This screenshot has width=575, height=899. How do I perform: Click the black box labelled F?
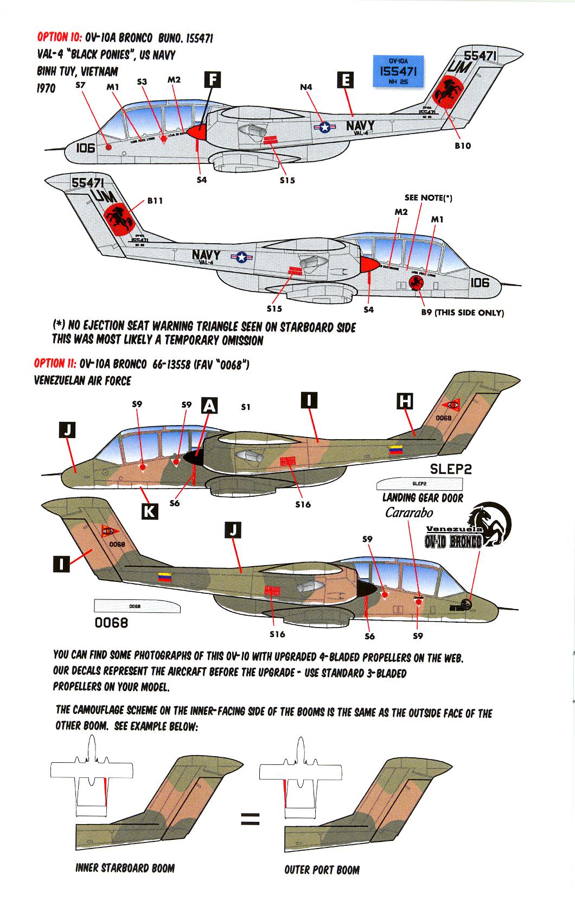[213, 80]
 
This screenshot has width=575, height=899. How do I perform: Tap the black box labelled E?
[345, 80]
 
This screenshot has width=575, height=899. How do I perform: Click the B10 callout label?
[462, 145]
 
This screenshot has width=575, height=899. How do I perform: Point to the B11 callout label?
[155, 200]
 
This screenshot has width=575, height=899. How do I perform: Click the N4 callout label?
[306, 86]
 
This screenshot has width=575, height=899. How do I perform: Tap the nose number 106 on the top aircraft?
[85, 148]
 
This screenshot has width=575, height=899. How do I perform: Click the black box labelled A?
[209, 405]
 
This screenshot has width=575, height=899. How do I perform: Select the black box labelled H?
[405, 401]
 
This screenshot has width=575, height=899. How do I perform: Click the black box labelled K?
[150, 511]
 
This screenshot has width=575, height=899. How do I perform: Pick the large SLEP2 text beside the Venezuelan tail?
[450, 469]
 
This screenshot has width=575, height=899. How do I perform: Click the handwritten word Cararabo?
[409, 512]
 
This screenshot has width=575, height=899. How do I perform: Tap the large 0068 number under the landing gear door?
[111, 623]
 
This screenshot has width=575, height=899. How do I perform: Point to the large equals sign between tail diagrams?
[250, 819]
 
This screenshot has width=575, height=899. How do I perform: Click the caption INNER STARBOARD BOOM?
[125, 868]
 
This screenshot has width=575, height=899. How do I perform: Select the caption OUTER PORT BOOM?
[322, 870]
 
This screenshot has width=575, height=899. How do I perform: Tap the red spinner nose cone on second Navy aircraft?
[369, 264]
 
